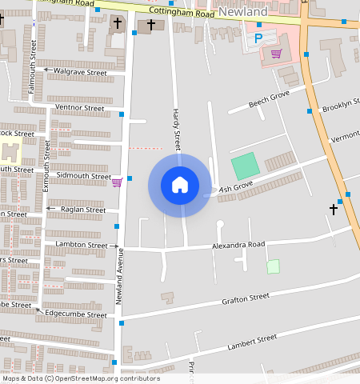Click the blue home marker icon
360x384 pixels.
pyautogui.click(x=180, y=185)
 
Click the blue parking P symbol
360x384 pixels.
pyautogui.click(x=258, y=38)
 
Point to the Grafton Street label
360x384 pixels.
pyautogui.click(x=245, y=298)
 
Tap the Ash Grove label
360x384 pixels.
pyautogui.click(x=236, y=186)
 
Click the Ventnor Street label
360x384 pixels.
pyautogui.click(x=79, y=107)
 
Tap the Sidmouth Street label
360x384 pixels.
pyautogui.click(x=84, y=176)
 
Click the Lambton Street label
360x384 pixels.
pyautogui.click(x=81, y=245)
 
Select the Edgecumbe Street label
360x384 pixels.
pyautogui.click(x=75, y=314)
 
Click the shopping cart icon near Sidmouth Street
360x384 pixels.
pyautogui.click(x=117, y=182)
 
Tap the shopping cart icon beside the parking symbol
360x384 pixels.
pyautogui.click(x=276, y=54)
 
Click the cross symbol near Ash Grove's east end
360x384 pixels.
pyautogui.click(x=334, y=210)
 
